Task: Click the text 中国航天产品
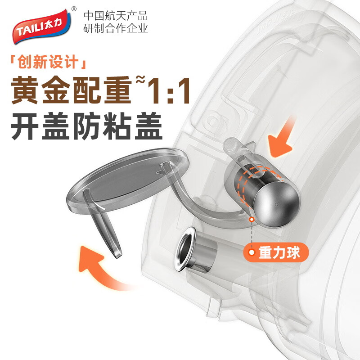[116, 15]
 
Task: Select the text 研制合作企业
[116, 29]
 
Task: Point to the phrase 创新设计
[49, 62]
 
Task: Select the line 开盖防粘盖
[86, 127]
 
